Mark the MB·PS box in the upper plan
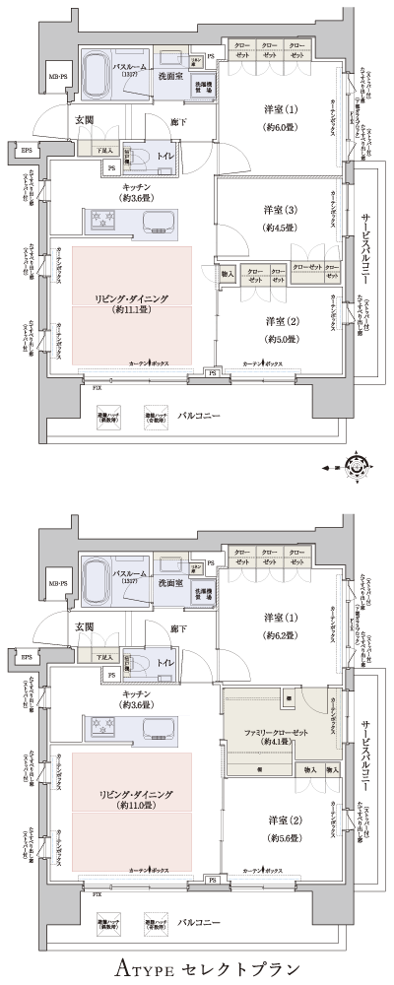click(x=58, y=76)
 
